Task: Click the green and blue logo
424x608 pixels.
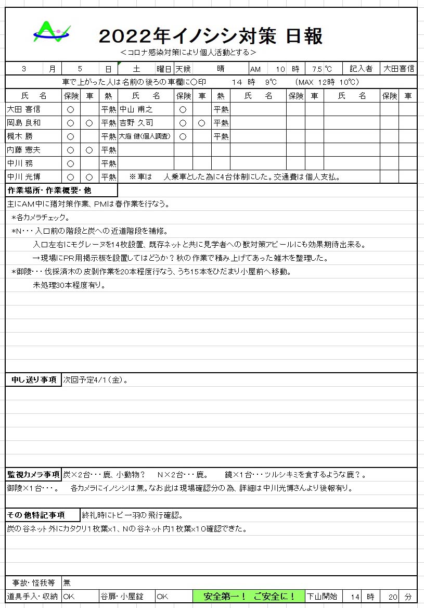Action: [51, 32]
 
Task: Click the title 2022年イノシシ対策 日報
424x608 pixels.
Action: [211, 36]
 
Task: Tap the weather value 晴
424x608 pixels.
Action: [221, 69]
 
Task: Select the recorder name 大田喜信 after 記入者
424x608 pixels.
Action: [399, 69]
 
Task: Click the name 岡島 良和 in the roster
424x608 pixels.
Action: [23, 123]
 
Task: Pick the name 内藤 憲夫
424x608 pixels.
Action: [23, 150]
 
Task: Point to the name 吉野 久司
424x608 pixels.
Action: [136, 123]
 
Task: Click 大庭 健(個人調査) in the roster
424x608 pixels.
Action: [145, 136]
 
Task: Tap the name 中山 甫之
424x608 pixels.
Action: [136, 109]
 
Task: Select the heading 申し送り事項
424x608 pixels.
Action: [34, 380]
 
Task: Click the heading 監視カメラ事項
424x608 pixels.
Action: [33, 475]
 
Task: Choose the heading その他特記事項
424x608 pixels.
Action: [35, 515]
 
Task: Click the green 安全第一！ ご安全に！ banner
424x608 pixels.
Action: [249, 597]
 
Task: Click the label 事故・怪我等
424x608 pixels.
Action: [33, 582]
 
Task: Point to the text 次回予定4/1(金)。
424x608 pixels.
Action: [96, 380]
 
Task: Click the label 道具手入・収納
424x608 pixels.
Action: [32, 597]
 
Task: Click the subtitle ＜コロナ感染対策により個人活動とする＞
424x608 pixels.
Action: [187, 53]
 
